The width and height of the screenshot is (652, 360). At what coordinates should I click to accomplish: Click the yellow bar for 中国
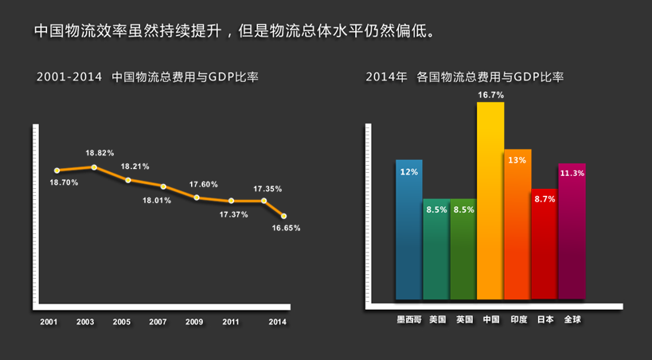(x=490, y=199)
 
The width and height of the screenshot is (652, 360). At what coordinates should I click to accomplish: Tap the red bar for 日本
(x=545, y=247)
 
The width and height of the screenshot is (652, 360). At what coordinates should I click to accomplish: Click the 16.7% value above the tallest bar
(x=490, y=95)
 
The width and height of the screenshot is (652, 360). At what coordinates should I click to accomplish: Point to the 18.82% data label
(x=100, y=152)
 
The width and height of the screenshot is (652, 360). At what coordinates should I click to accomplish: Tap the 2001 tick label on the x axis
(x=49, y=322)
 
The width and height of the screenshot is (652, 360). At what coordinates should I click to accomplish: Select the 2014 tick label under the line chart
(x=277, y=322)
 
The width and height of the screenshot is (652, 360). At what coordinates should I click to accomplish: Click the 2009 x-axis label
(x=194, y=322)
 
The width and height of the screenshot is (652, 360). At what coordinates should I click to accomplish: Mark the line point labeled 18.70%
(x=57, y=170)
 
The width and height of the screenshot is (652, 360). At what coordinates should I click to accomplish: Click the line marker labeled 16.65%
(x=283, y=216)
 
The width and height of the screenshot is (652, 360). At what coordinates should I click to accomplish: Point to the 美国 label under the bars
(x=437, y=319)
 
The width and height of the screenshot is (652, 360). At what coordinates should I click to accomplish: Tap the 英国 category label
(x=464, y=319)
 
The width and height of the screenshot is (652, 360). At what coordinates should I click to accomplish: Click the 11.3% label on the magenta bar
(x=572, y=173)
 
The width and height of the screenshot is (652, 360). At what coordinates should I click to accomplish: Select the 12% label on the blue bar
(x=409, y=171)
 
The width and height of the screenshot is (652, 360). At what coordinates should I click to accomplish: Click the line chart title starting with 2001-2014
(x=148, y=78)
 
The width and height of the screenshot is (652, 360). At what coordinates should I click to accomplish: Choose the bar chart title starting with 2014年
(x=465, y=78)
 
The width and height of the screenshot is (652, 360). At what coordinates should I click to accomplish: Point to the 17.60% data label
(x=203, y=184)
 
